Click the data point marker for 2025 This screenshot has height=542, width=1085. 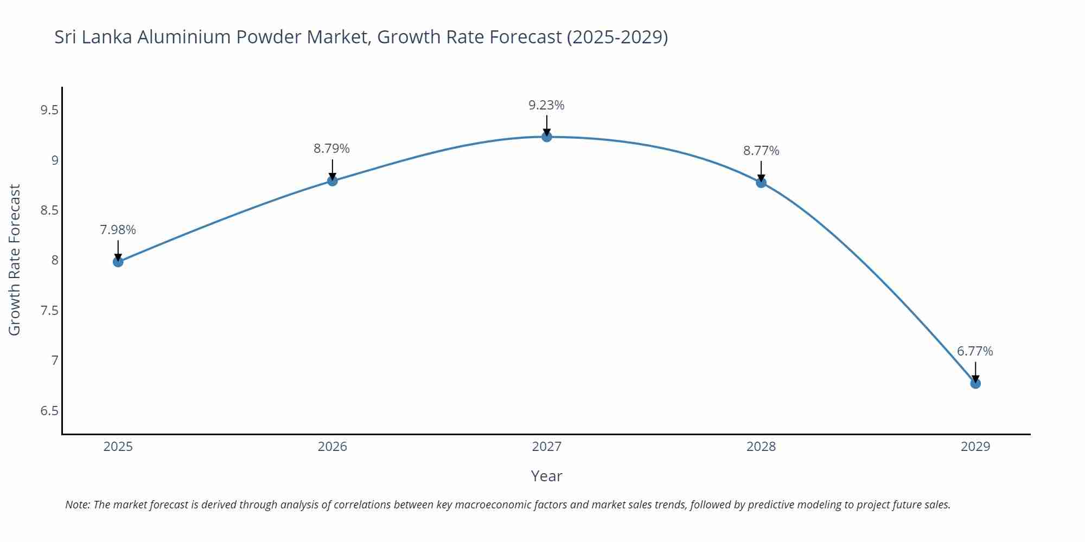pos(118,262)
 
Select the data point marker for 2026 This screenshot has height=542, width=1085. pos(333,180)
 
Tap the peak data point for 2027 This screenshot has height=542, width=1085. pos(547,137)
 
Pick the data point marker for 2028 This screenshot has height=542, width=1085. pos(761,183)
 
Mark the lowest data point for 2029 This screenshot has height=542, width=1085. pos(975,383)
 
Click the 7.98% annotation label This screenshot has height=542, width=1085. pos(118,230)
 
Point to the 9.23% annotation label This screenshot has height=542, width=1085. pos(547,105)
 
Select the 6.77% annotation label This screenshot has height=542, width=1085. pos(975,351)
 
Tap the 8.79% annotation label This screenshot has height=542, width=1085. pos(332,149)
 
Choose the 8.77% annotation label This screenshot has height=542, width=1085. pos(761,151)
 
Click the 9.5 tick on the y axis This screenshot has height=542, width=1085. pos(49,111)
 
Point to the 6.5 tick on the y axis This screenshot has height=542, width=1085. pos(49,411)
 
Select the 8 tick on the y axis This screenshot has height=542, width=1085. pos(55,261)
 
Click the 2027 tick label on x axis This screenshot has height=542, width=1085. pos(547,447)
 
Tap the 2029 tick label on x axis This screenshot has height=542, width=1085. pos(975,447)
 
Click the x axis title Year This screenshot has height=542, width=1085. pos(547,476)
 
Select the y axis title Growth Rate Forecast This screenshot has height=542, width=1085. pos(15,260)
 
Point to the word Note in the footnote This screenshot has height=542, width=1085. pos(78,505)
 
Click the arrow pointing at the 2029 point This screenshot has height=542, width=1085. pos(975,372)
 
